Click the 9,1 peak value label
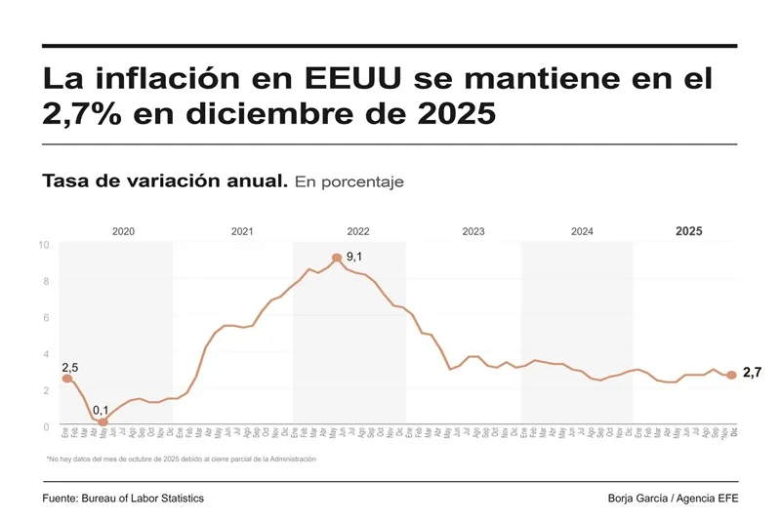click(354, 257)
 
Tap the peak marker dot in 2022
click(337, 258)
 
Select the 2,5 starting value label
click(70, 367)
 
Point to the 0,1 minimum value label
click(102, 410)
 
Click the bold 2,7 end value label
click(752, 373)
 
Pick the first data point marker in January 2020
click(66, 379)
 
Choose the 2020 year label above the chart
click(123, 231)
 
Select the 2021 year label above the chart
click(242, 231)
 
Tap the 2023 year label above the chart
click(473, 231)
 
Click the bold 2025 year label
click(688, 231)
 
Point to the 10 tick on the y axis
click(44, 245)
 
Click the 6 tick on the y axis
click(46, 318)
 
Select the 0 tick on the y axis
click(46, 427)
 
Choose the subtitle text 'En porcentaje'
click(349, 182)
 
